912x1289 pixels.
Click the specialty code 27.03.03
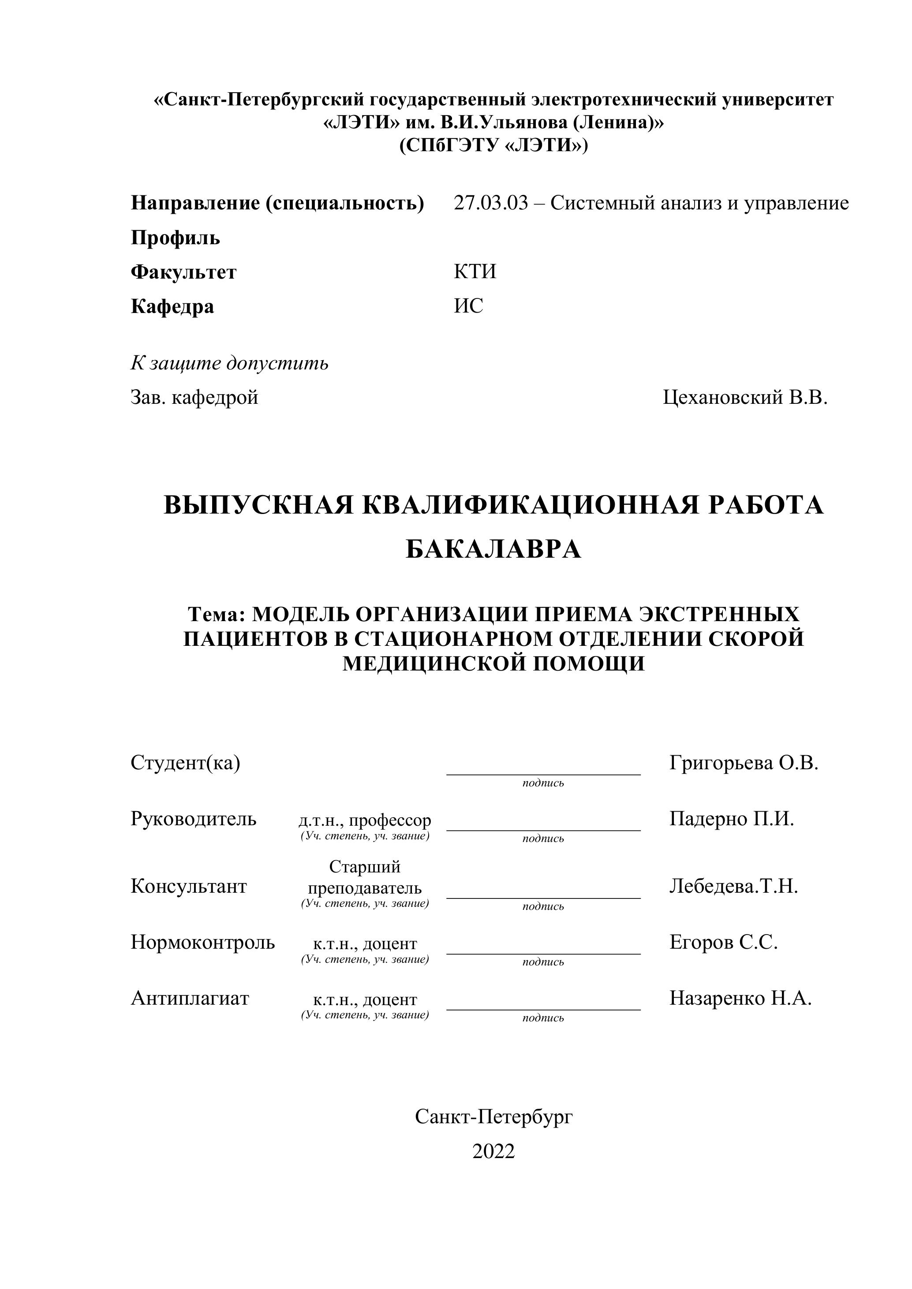click(490, 203)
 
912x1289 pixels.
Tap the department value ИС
click(468, 306)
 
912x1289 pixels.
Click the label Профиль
click(175, 238)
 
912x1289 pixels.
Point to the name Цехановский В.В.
click(745, 398)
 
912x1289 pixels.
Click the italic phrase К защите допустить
click(229, 363)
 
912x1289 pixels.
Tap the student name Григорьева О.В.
click(744, 762)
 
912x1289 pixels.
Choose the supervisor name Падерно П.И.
click(731, 819)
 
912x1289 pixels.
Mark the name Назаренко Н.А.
click(740, 998)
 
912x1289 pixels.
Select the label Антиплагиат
click(190, 998)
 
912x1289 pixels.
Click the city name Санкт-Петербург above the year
click(493, 1117)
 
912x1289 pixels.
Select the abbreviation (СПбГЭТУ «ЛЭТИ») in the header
click(493, 145)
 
